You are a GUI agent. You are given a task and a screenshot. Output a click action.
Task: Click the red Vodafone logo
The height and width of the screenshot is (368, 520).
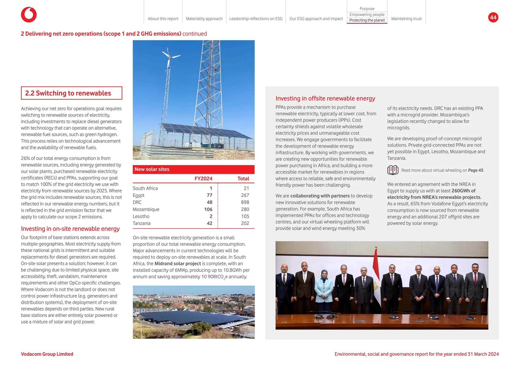[x=29, y=15]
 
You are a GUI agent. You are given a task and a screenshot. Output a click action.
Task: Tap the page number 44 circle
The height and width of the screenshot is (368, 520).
[x=493, y=18]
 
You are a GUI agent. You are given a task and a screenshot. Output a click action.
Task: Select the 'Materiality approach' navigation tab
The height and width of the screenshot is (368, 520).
[x=204, y=19]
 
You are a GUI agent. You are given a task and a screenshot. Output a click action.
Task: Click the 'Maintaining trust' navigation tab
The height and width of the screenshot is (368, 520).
[x=406, y=19]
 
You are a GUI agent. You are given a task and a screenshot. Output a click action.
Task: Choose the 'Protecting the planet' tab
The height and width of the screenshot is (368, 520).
[x=367, y=20]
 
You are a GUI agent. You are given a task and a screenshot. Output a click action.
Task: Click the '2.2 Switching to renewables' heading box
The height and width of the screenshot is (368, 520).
[x=71, y=93]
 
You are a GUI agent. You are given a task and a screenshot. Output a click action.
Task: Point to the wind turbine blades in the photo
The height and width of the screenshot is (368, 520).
[x=170, y=55]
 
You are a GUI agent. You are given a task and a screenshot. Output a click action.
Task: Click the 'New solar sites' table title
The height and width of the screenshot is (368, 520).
[x=152, y=169]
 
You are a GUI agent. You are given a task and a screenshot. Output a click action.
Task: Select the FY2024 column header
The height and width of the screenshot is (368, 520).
[x=203, y=179]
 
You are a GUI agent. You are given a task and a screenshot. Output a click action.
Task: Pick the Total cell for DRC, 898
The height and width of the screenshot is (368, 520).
[x=245, y=202]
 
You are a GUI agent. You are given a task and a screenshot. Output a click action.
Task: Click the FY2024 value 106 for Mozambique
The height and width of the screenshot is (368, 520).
[x=208, y=209]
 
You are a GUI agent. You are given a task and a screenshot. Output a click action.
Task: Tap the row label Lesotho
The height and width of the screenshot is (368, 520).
[x=141, y=217]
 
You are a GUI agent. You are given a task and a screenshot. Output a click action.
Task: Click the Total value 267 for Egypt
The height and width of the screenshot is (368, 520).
[x=245, y=195]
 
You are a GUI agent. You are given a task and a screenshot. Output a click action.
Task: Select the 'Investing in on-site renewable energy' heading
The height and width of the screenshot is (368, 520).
[x=70, y=229]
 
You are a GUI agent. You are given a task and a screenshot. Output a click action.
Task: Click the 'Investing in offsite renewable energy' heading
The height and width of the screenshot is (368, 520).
[x=325, y=98]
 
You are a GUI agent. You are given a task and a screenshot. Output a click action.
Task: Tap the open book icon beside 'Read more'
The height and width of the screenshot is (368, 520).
[x=393, y=170]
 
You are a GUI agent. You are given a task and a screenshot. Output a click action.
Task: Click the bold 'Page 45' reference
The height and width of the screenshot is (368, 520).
[x=475, y=170]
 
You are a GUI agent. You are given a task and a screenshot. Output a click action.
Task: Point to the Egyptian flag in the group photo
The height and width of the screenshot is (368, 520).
[x=376, y=272]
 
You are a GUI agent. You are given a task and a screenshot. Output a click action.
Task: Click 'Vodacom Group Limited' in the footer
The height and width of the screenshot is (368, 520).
[x=47, y=354]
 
